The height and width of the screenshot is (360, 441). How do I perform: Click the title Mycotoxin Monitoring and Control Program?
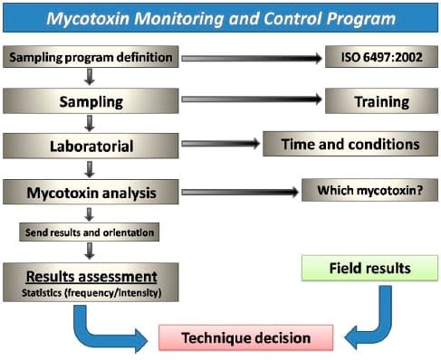click(220, 18)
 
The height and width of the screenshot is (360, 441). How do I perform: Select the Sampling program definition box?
click(90, 58)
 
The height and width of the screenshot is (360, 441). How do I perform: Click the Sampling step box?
click(90, 101)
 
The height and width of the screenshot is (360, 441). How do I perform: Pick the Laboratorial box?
click(90, 144)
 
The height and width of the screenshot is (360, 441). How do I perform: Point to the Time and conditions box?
click(350, 144)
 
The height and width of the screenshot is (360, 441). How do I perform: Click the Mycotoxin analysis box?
click(90, 192)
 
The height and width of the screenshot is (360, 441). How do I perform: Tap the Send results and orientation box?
click(90, 232)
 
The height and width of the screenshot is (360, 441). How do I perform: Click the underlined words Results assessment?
click(90, 276)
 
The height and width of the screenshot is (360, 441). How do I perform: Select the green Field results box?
click(369, 268)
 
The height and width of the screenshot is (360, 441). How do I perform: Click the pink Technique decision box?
click(245, 338)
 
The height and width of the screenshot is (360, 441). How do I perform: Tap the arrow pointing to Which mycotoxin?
click(240, 192)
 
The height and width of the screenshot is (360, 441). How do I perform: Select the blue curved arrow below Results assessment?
click(100, 326)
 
